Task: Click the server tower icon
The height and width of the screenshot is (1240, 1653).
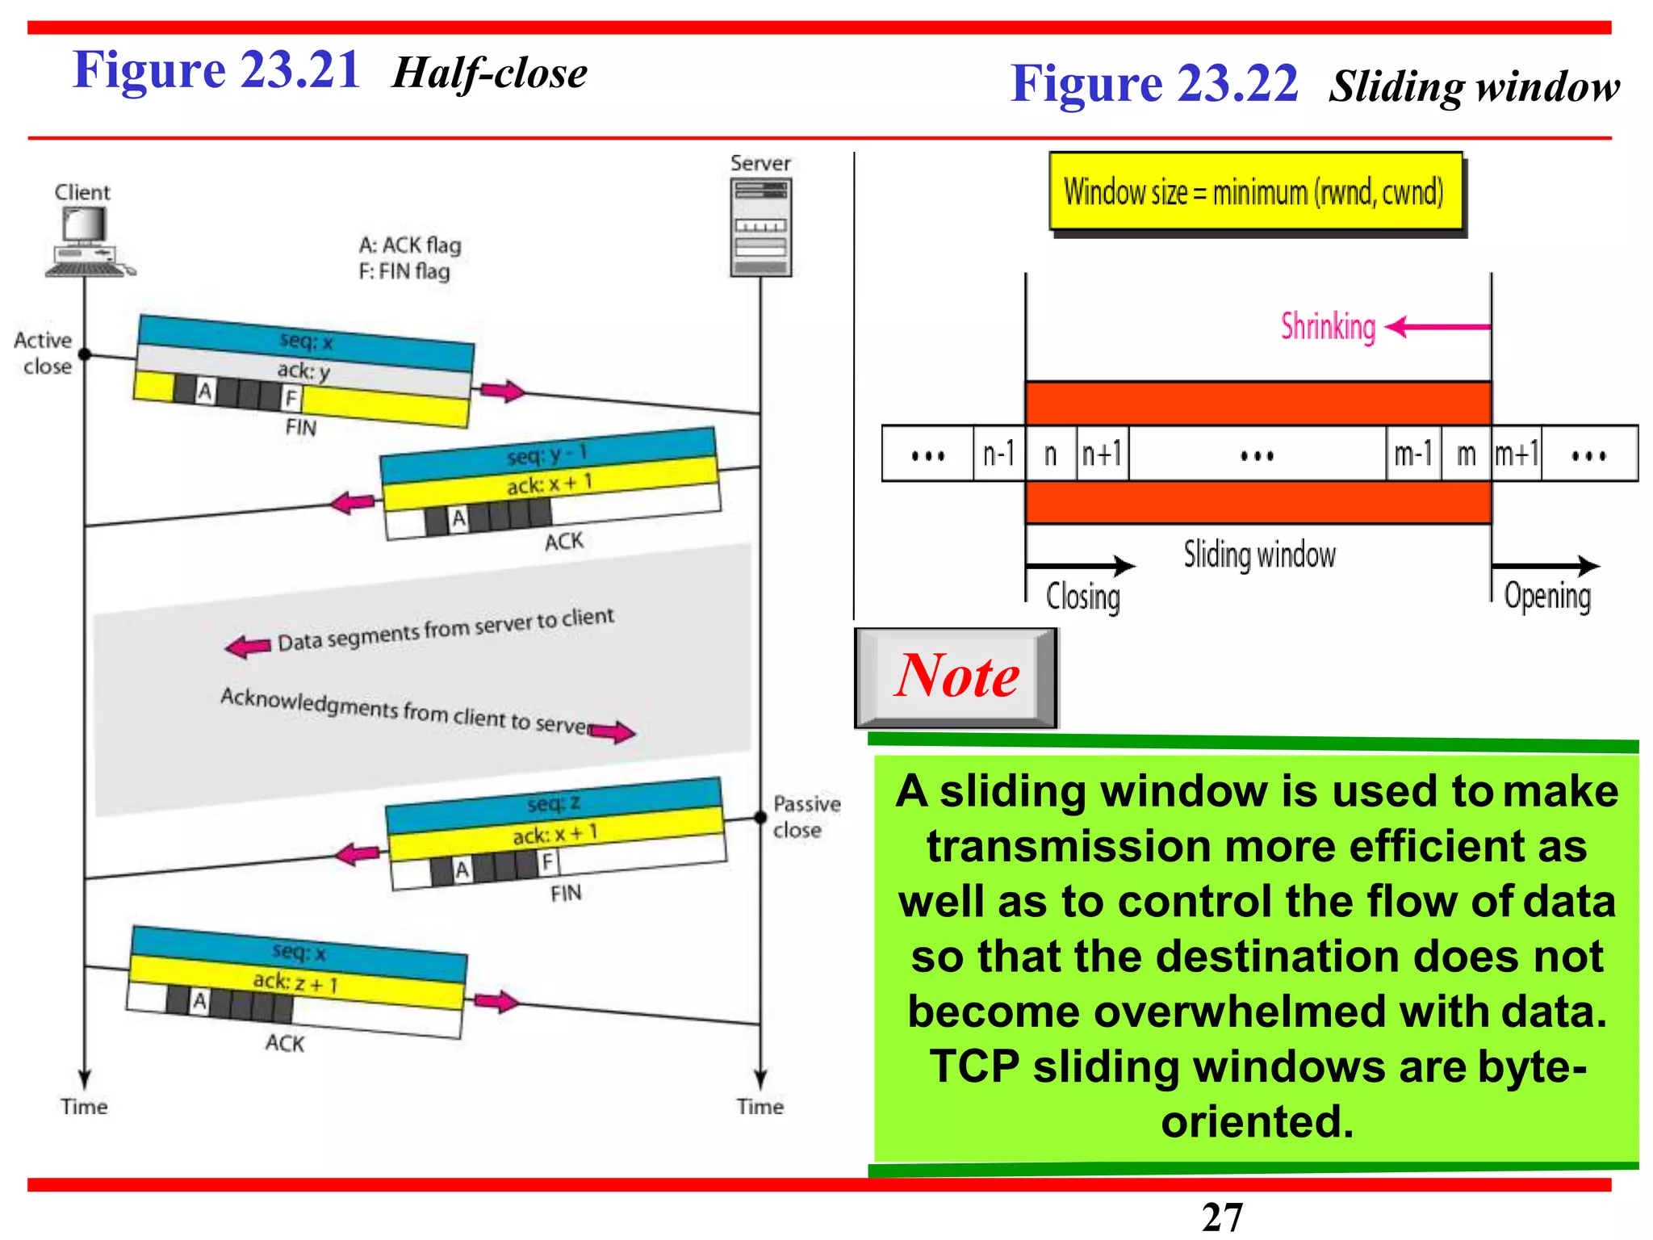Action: pyautogui.click(x=760, y=228)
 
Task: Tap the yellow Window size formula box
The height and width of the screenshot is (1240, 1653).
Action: pyautogui.click(x=1255, y=192)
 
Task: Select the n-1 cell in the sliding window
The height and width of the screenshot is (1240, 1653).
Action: pyautogui.click(x=998, y=454)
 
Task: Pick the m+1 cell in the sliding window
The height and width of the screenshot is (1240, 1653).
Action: pyautogui.click(x=1516, y=454)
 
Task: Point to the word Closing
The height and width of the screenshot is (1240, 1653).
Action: pyautogui.click(x=1083, y=597)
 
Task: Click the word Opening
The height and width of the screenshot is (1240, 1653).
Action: pyautogui.click(x=1547, y=597)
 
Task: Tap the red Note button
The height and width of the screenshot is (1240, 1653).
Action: pyautogui.click(x=956, y=677)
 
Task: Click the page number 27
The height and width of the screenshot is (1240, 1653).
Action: pyautogui.click(x=1222, y=1217)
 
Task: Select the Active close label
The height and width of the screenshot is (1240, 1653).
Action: pyautogui.click(x=44, y=353)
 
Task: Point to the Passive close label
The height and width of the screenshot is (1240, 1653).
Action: pyautogui.click(x=806, y=816)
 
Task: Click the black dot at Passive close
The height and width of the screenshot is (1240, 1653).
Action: pyautogui.click(x=760, y=818)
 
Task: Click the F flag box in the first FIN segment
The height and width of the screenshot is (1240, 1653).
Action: pyautogui.click(x=291, y=398)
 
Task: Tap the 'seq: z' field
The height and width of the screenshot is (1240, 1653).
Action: pyautogui.click(x=554, y=803)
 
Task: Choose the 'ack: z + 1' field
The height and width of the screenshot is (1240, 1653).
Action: pyautogui.click(x=296, y=982)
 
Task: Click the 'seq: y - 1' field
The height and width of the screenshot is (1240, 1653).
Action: pyautogui.click(x=547, y=455)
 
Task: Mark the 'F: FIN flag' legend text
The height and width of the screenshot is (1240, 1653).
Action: pyautogui.click(x=404, y=271)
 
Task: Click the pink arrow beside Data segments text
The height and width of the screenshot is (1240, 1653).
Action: pyautogui.click(x=249, y=646)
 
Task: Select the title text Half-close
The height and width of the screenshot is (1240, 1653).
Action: pyautogui.click(x=489, y=73)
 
